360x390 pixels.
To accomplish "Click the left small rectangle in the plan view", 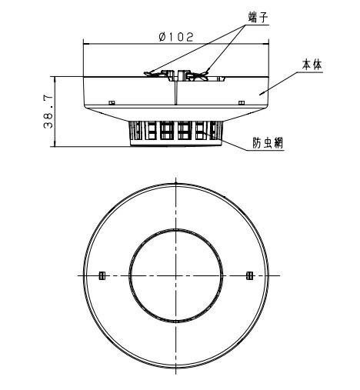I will coord(102,275).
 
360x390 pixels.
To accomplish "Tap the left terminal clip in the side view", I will coord(154,75).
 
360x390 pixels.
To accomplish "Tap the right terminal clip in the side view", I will coord(198,75).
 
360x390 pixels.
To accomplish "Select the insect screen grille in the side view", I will coord(176,132).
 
